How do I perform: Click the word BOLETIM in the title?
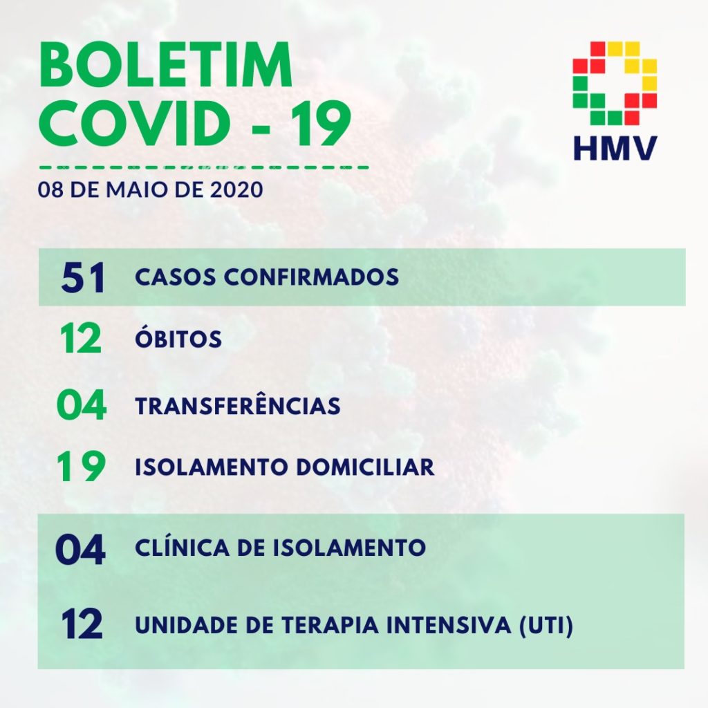click(166, 65)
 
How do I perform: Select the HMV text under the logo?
click(615, 148)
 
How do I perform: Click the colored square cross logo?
click(615, 83)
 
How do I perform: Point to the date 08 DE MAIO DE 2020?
click(150, 189)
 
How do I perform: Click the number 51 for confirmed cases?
click(83, 277)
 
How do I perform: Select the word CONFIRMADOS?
click(311, 277)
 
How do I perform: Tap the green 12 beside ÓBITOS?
click(80, 338)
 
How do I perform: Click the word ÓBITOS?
click(178, 337)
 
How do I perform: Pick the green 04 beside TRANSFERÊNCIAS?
click(82, 404)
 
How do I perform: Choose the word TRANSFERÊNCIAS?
click(238, 404)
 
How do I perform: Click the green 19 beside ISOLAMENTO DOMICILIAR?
click(82, 466)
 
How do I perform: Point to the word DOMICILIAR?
click(365, 467)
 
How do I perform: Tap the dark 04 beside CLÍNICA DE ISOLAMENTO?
click(80, 550)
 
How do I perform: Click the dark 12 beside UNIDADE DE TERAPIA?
click(82, 624)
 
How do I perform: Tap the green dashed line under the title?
click(204, 167)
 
